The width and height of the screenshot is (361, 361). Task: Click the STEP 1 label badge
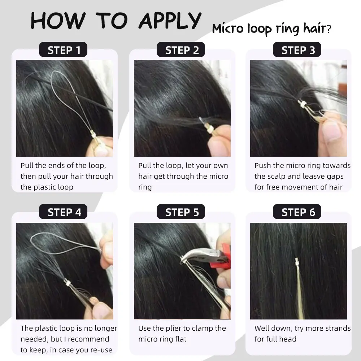coord(63,49)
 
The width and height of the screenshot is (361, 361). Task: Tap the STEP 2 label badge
coord(181,49)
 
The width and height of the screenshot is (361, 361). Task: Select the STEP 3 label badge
coord(297,49)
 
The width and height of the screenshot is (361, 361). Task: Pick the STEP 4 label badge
coord(63,212)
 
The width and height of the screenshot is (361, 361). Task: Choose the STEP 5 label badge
coord(181,212)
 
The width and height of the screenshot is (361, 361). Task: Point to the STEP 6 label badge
coord(297,212)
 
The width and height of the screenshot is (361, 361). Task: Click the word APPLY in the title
coord(170,21)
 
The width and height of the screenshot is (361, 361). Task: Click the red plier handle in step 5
coord(224,257)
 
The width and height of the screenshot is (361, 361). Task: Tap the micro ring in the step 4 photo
coord(67,282)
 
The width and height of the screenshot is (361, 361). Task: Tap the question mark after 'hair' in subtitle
coord(329,29)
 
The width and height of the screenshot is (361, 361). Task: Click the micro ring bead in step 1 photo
coord(93,134)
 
